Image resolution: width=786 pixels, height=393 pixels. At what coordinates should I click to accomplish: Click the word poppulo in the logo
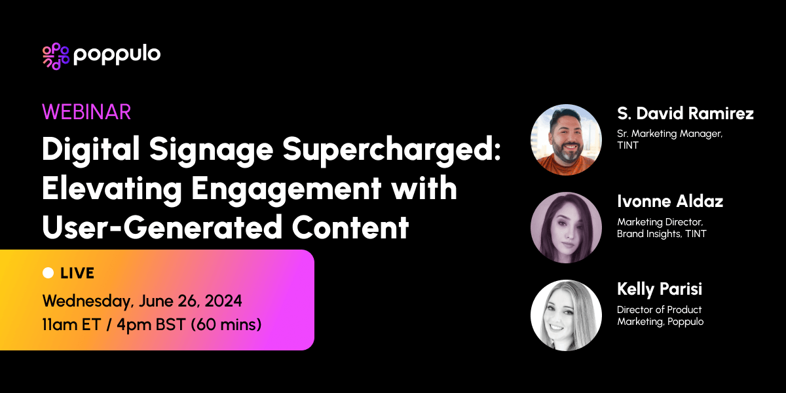pyautogui.click(x=117, y=56)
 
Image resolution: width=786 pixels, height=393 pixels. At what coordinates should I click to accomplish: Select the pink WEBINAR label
pyautogui.click(x=86, y=112)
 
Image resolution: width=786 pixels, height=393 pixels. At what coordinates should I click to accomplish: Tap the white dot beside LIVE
pyautogui.click(x=48, y=272)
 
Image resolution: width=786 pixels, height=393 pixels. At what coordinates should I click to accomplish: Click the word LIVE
pyautogui.click(x=77, y=273)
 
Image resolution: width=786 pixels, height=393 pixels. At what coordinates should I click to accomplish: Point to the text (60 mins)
pyautogui.click(x=226, y=324)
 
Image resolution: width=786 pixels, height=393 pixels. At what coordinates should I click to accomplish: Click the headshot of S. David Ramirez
pyautogui.click(x=566, y=140)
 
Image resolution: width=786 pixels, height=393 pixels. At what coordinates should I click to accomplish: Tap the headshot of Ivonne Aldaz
pyautogui.click(x=566, y=227)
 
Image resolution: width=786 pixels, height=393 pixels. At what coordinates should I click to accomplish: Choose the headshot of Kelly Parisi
pyautogui.click(x=566, y=315)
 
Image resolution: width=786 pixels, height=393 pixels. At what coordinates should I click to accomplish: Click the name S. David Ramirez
pyautogui.click(x=685, y=113)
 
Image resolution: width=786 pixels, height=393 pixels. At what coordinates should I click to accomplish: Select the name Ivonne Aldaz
pyautogui.click(x=670, y=201)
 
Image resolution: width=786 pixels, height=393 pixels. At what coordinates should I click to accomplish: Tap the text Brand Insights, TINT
pyautogui.click(x=662, y=233)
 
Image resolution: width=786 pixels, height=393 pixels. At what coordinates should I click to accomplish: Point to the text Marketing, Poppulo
pyautogui.click(x=660, y=321)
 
